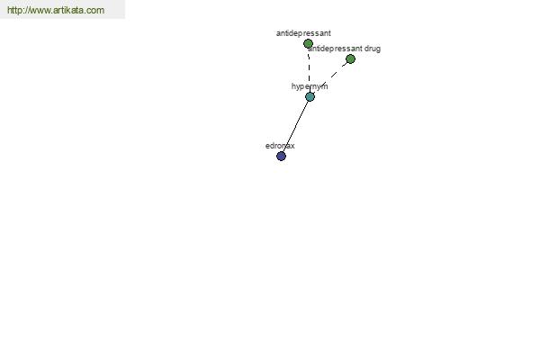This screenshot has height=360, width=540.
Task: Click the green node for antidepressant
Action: click(308, 44)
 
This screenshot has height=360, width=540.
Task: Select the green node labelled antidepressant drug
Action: click(350, 59)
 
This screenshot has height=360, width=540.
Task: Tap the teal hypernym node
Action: click(310, 96)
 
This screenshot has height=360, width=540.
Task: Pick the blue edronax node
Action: click(281, 156)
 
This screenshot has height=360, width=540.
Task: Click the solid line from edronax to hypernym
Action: click(295, 126)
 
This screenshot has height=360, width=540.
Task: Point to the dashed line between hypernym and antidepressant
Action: click(309, 70)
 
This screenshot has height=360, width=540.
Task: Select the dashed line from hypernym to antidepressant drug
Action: click(330, 77)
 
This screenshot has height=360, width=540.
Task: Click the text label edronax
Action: click(280, 145)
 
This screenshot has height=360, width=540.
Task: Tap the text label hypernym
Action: click(310, 86)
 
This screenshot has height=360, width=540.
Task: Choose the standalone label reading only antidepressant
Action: click(303, 33)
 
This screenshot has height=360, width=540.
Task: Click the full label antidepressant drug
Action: click(345, 49)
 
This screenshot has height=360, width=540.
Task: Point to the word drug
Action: click(373, 49)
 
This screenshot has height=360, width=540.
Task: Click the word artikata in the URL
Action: click(69, 11)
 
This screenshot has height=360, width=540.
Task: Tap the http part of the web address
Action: click(14, 11)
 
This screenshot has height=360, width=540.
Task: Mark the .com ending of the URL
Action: click(94, 11)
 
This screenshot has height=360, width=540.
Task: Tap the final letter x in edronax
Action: click(292, 145)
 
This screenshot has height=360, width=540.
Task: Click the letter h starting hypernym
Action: click(294, 86)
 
